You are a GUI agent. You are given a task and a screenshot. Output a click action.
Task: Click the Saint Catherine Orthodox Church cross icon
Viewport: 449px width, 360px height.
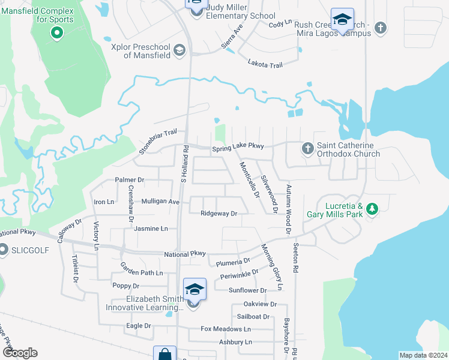(x=307, y=148)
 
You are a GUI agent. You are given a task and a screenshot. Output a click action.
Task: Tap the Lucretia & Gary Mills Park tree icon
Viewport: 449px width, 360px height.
(x=373, y=208)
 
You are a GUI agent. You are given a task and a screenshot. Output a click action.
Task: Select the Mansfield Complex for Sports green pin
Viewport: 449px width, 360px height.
(x=57, y=32)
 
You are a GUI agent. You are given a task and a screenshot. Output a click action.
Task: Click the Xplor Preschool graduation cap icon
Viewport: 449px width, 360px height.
(x=178, y=50)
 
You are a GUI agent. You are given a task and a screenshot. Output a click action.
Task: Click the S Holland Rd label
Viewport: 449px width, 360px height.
(x=185, y=163)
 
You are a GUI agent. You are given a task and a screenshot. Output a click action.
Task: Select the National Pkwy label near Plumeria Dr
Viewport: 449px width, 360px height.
(x=185, y=254)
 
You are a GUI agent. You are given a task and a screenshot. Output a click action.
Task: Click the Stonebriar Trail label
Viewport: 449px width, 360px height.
(x=159, y=140)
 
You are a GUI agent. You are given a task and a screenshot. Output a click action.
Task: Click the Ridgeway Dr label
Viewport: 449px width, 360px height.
(x=219, y=213)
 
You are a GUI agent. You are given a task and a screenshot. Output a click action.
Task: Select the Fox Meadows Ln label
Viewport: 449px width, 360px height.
(x=226, y=329)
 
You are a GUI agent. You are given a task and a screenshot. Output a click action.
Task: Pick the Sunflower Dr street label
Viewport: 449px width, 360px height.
(x=247, y=290)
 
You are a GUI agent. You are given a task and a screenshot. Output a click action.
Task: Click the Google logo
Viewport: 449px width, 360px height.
(x=20, y=353)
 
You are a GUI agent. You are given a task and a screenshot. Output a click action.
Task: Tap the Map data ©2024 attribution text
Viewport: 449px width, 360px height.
(x=423, y=355)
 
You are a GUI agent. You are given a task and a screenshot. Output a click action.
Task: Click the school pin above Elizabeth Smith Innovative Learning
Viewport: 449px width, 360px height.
(x=194, y=289)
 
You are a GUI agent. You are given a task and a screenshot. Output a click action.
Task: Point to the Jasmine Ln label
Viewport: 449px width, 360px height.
(x=151, y=229)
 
